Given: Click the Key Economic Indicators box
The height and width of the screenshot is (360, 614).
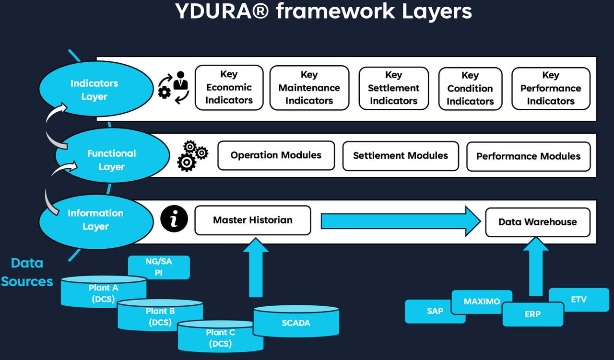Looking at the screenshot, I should [x=229, y=88].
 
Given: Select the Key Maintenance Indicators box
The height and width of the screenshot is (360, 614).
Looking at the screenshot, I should [x=309, y=88].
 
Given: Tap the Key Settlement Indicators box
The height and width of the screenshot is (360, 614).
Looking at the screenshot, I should [x=393, y=88].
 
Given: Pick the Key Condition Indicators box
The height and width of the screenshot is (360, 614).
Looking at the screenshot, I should [x=470, y=89].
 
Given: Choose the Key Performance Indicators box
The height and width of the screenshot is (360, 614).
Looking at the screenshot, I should [x=551, y=89].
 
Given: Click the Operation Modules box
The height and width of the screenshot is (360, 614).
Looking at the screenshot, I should [x=276, y=155].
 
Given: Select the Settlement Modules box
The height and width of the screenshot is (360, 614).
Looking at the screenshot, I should [x=401, y=156].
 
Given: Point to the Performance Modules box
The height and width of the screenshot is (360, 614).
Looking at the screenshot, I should [x=528, y=156].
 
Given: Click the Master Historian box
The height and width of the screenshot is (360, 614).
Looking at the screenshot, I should [x=252, y=221].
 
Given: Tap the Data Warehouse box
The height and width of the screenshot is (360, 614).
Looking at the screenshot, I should [x=537, y=222].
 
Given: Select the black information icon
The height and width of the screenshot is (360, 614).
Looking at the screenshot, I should [x=174, y=220].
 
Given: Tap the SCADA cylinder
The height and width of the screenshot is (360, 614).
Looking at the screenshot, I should [x=296, y=322].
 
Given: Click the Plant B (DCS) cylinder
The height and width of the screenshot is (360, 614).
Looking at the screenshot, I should [x=160, y=316].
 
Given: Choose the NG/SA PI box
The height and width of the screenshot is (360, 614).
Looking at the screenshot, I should [x=159, y=267].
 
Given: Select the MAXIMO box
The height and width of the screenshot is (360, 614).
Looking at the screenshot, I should [x=482, y=302].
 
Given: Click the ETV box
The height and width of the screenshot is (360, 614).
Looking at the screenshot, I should [x=579, y=300].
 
